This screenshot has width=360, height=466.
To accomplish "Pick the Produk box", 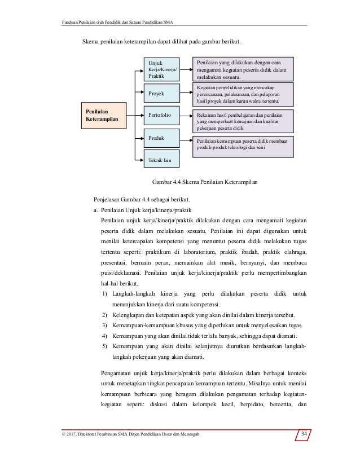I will (163, 138).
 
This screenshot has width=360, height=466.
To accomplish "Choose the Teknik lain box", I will (163, 160).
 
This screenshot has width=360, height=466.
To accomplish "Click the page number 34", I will (304, 434).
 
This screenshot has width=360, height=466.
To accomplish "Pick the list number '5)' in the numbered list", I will (105, 346).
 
